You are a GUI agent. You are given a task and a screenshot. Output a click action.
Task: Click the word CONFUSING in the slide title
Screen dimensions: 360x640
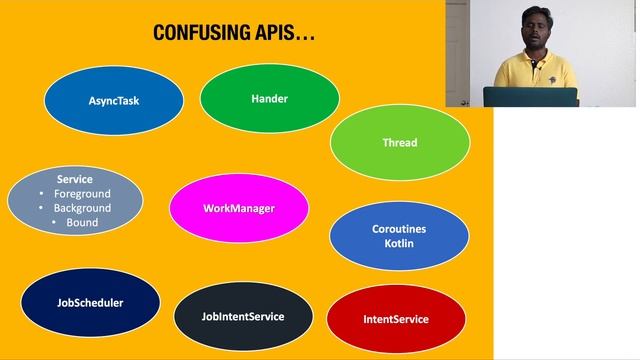pyautogui.click(x=203, y=33)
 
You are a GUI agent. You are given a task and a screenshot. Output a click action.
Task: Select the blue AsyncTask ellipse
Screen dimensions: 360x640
pyautogui.click(x=114, y=100)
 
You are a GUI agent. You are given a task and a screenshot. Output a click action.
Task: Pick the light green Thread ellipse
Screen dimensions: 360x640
pyautogui.click(x=400, y=143)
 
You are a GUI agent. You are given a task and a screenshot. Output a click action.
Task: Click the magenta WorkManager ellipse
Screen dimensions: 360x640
pyautogui.click(x=239, y=208)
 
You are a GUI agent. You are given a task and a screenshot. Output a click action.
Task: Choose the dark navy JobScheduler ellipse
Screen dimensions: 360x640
pyautogui.click(x=90, y=303)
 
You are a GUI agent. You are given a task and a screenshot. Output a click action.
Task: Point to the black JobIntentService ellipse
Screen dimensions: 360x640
pyautogui.click(x=243, y=317)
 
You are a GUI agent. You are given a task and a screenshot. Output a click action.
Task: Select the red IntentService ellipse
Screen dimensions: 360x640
pyautogui.click(x=396, y=320)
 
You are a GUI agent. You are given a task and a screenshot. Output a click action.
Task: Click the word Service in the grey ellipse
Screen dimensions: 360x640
pyautogui.click(x=74, y=180)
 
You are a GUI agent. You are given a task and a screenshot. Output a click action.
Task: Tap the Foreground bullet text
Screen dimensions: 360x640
pyautogui.click(x=82, y=194)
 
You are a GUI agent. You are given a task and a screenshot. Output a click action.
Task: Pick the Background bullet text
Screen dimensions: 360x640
pyautogui.click(x=82, y=208)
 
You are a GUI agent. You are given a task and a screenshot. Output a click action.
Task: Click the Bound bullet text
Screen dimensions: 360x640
pyautogui.click(x=82, y=222)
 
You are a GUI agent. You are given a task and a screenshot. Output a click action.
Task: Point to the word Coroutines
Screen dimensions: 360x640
pyautogui.click(x=399, y=229)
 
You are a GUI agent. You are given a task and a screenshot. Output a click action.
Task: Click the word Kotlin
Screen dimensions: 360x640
pyautogui.click(x=399, y=244)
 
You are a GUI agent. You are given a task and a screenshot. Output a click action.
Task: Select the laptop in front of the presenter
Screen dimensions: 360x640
pyautogui.click(x=530, y=97)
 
